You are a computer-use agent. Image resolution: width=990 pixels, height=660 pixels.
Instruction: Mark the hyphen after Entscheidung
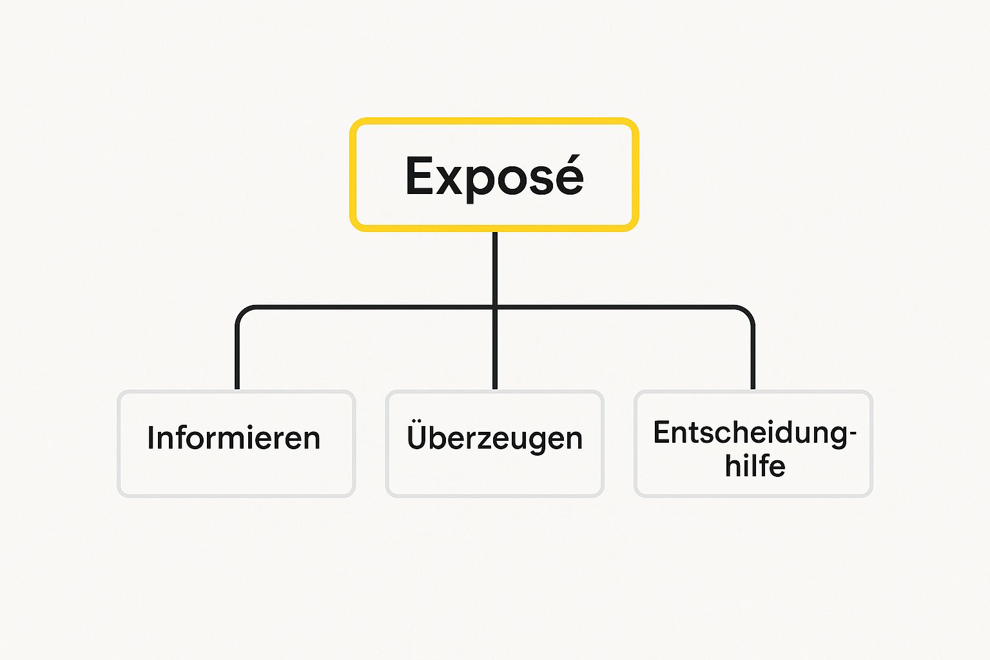853,434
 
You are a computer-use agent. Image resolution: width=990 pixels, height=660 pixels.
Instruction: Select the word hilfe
755,466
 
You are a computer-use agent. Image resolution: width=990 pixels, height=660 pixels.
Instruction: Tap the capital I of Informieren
151,438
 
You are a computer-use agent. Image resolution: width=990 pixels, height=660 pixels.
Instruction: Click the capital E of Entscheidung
661,432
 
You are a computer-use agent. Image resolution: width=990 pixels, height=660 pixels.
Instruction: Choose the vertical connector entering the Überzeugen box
494,361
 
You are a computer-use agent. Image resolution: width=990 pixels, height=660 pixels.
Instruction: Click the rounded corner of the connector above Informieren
242,311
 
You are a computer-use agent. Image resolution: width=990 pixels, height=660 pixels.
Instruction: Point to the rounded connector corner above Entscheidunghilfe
748,311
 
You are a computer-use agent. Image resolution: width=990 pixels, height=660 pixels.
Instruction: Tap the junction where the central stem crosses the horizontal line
494,307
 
